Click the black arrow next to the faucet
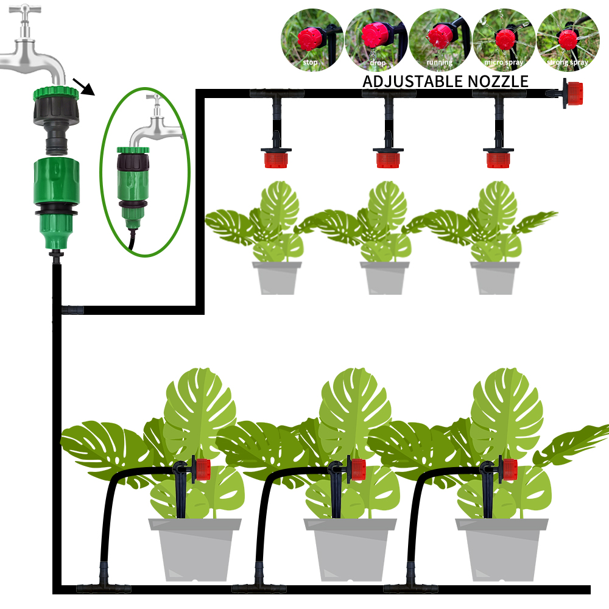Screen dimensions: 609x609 coord(84,86)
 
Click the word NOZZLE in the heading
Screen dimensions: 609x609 coord(499,82)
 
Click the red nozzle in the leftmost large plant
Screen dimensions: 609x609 coord(202,470)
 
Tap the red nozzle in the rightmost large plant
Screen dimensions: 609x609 coord(509,469)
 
